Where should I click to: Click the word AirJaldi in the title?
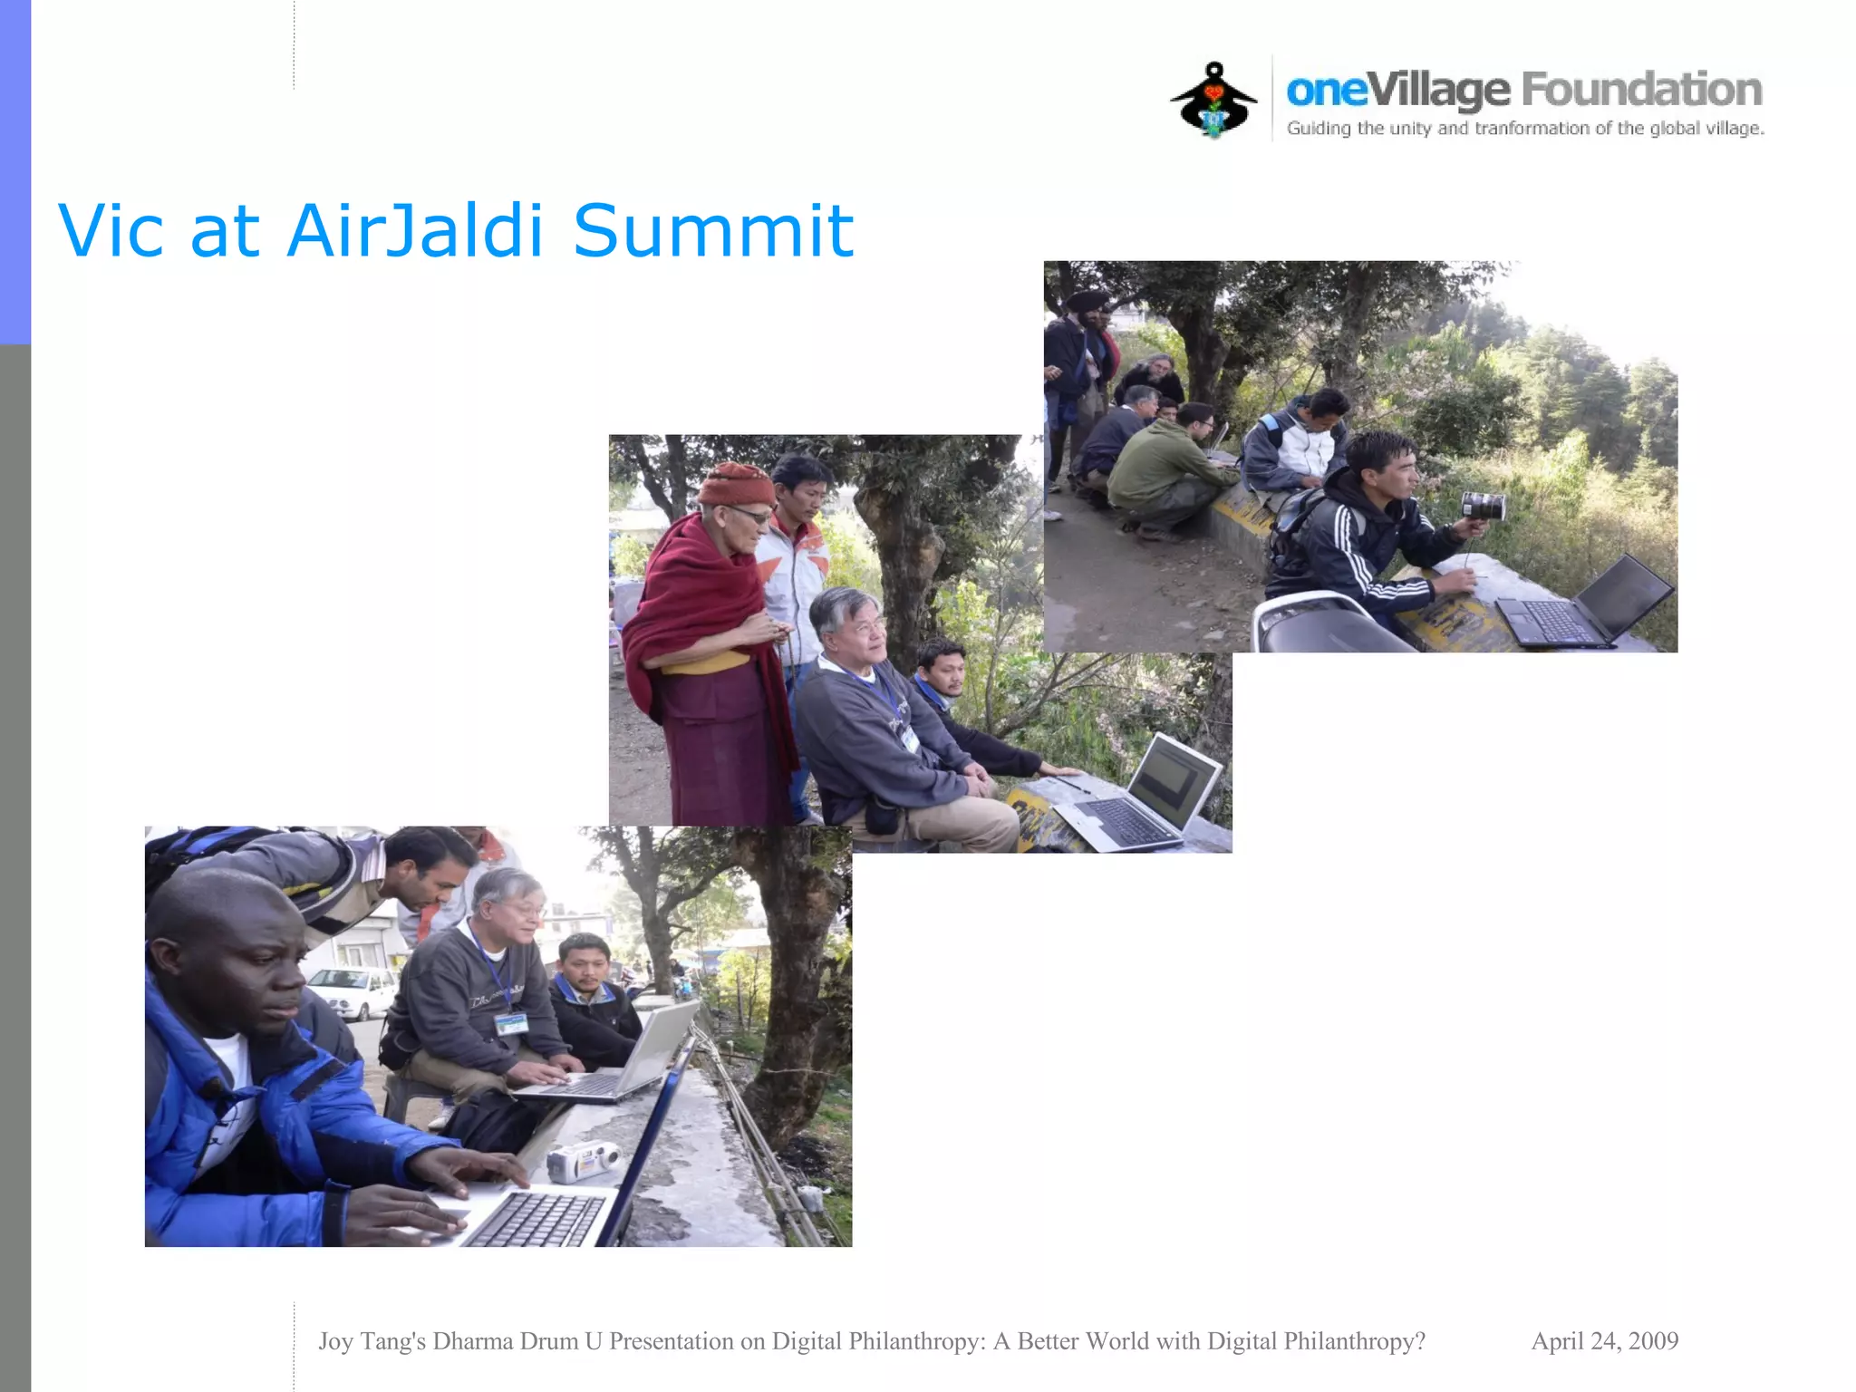[415, 231]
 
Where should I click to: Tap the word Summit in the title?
[713, 231]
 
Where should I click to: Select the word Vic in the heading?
[111, 231]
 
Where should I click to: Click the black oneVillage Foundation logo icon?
[1213, 101]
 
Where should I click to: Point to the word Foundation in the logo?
[1641, 90]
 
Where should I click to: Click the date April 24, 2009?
[1604, 1341]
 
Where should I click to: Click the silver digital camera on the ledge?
[583, 1162]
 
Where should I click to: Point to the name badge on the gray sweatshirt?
[511, 1024]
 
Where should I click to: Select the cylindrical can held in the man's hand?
[1484, 506]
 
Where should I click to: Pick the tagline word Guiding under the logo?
[1319, 129]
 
